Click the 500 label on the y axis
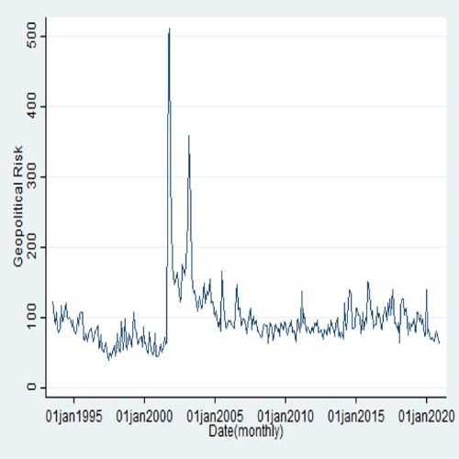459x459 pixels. tap(31, 36)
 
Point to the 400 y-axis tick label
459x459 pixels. tap(31, 106)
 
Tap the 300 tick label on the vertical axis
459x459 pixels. tap(31, 176)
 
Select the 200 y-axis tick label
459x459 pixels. tap(31, 247)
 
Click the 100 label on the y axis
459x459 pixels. tap(31, 318)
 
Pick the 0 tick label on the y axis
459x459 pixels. tap(31, 387)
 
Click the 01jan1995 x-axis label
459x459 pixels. tap(73, 416)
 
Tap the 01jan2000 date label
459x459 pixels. tap(144, 416)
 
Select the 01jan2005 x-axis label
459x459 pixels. tap(215, 416)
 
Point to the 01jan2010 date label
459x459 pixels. tap(285, 416)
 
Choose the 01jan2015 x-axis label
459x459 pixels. tap(356, 416)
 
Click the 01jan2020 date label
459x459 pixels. tap(427, 416)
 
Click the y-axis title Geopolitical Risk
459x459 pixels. tap(18, 207)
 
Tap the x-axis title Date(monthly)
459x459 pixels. tap(246, 431)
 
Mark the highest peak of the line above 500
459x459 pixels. tap(169, 28)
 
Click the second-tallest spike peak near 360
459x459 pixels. tap(189, 136)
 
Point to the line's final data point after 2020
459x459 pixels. tap(440, 343)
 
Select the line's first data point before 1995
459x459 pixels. tap(52, 302)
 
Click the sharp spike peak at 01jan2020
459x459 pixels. tap(427, 289)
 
